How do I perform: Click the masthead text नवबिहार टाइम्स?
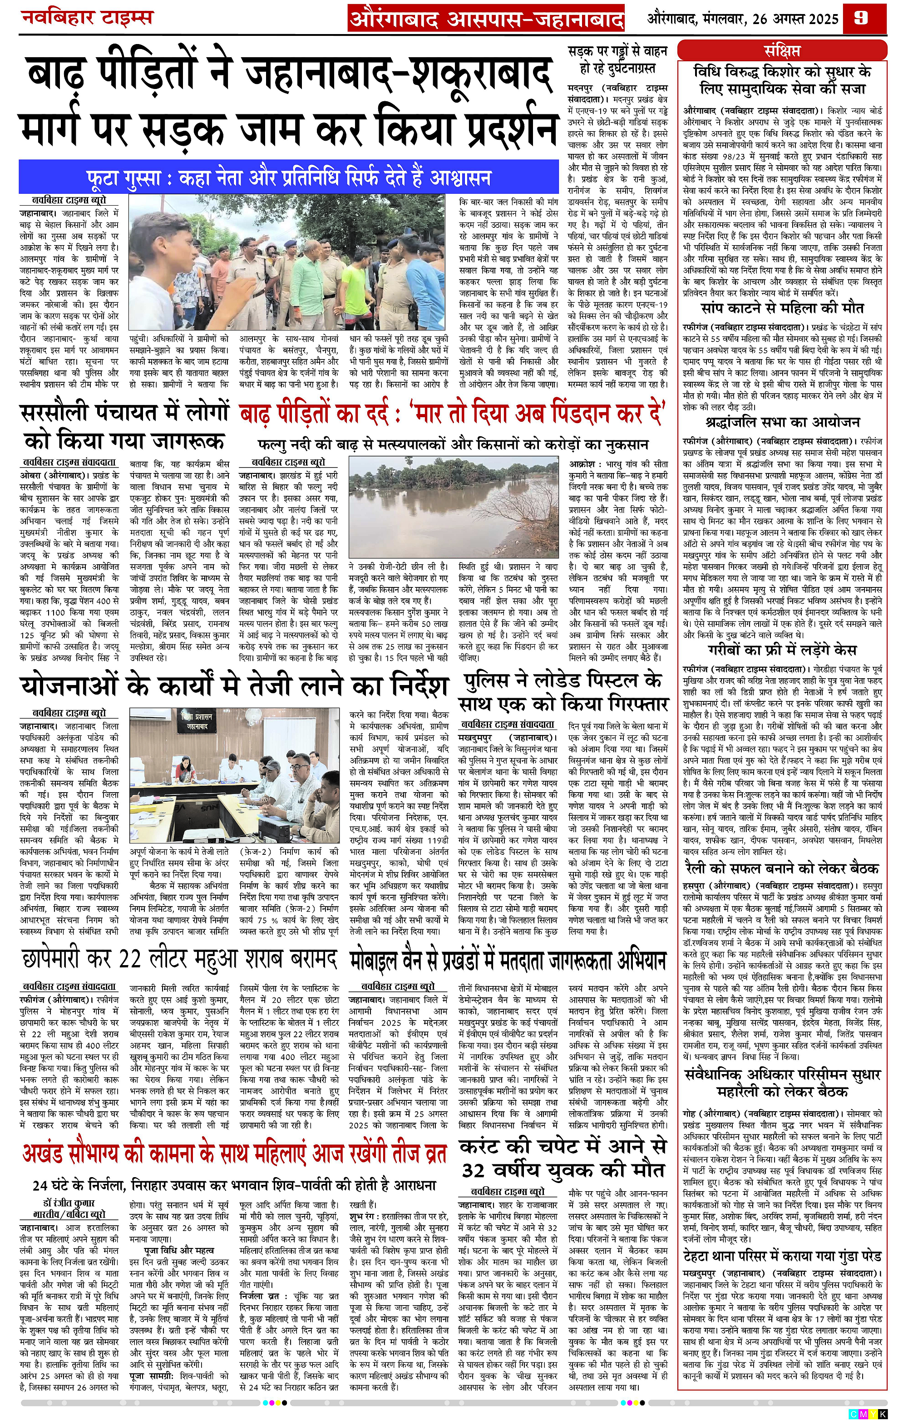coord(87,17)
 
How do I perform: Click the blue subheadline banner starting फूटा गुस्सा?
coord(288,177)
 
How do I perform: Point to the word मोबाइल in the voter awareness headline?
coord(384,960)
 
